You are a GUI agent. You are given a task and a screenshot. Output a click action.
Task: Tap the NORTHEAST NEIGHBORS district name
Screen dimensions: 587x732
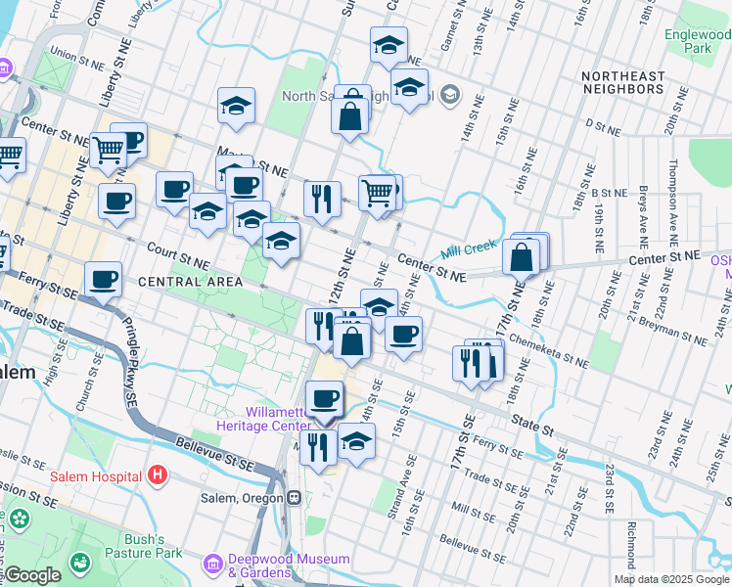(622, 83)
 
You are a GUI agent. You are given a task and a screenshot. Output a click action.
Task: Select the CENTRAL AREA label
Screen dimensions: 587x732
(190, 282)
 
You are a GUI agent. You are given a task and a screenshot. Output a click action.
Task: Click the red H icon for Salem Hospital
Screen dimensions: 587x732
(159, 475)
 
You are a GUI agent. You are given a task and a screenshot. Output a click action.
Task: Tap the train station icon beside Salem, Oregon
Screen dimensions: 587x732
(294, 498)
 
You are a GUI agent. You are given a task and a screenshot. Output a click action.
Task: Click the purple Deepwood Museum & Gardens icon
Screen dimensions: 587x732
(212, 564)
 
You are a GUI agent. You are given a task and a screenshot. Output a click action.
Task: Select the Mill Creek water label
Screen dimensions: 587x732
(470, 249)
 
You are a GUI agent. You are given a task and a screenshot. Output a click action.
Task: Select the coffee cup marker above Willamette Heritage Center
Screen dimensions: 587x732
(324, 398)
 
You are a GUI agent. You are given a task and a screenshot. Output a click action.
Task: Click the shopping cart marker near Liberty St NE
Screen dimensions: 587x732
(108, 151)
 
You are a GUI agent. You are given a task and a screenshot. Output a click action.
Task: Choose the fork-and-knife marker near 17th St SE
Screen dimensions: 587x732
(473, 363)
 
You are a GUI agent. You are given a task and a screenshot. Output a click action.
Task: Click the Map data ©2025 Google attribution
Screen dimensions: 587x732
(671, 579)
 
